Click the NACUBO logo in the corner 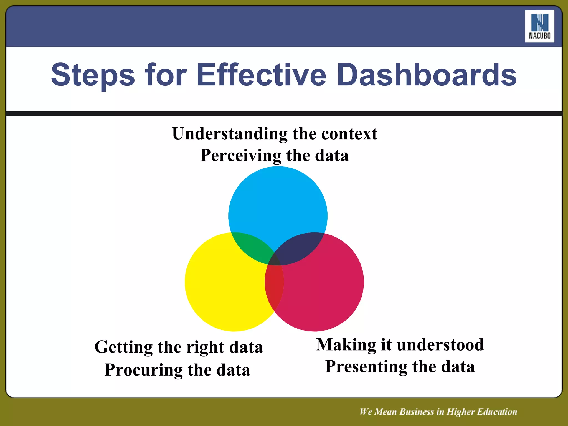click(539, 26)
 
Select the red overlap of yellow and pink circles click(274, 286)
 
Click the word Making click(346, 345)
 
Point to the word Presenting click(366, 367)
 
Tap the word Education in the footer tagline click(496, 412)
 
